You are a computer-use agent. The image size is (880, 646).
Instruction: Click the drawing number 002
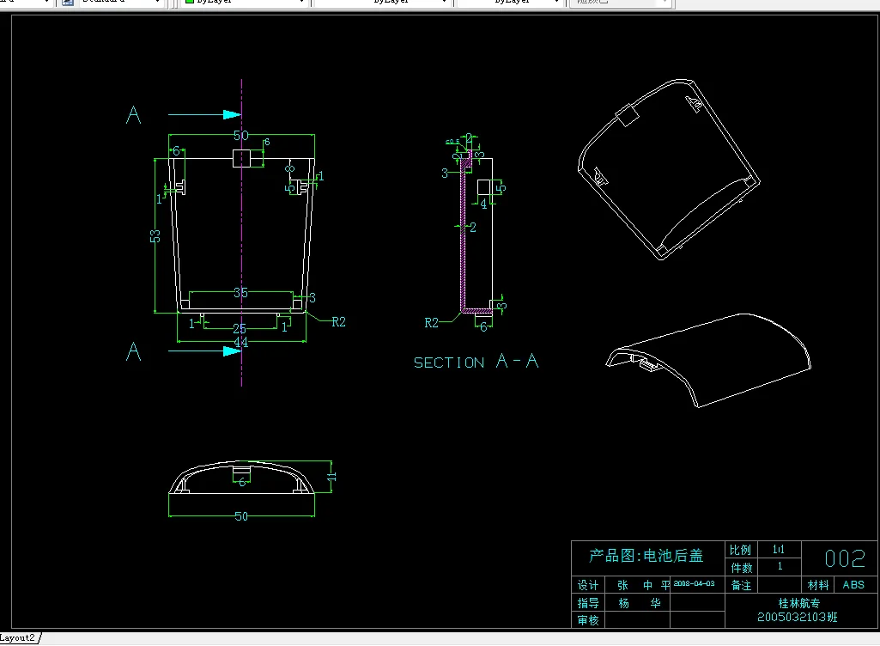tap(845, 559)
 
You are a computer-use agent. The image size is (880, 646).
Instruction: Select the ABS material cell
tap(853, 585)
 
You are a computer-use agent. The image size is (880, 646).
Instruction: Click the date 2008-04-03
tap(694, 583)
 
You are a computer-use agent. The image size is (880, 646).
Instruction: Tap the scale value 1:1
tap(779, 549)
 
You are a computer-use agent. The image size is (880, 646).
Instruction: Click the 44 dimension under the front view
tap(240, 343)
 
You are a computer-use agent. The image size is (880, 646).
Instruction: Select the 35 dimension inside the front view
tap(240, 293)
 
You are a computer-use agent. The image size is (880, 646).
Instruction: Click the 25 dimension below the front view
tap(240, 329)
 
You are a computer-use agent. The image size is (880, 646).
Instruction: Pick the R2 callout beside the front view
tap(337, 322)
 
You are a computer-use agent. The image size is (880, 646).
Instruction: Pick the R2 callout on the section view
tap(433, 323)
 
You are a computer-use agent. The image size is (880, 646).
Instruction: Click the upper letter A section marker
tap(133, 116)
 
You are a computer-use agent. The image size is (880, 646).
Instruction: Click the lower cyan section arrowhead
tap(230, 350)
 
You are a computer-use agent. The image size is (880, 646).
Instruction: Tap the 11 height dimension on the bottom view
tap(331, 474)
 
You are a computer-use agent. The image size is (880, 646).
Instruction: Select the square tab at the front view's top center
tap(241, 159)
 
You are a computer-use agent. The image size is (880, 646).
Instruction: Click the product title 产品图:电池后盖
tap(646, 556)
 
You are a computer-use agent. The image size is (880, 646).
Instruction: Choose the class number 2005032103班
tap(797, 618)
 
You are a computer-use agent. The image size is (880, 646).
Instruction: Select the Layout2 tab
tap(19, 637)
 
